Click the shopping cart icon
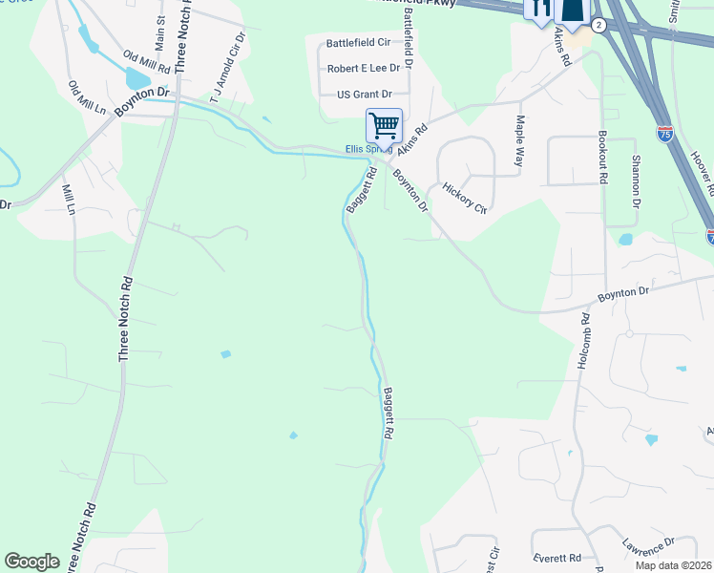point(384,124)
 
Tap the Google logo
point(31,562)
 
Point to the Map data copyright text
point(674,565)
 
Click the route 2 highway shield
point(598,25)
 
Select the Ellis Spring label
point(368,149)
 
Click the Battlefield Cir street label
point(359,43)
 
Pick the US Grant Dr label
point(365,95)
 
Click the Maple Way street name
point(520,141)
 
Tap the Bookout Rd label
point(603,158)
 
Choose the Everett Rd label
point(559,558)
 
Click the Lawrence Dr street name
point(649,549)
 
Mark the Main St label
point(160,32)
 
